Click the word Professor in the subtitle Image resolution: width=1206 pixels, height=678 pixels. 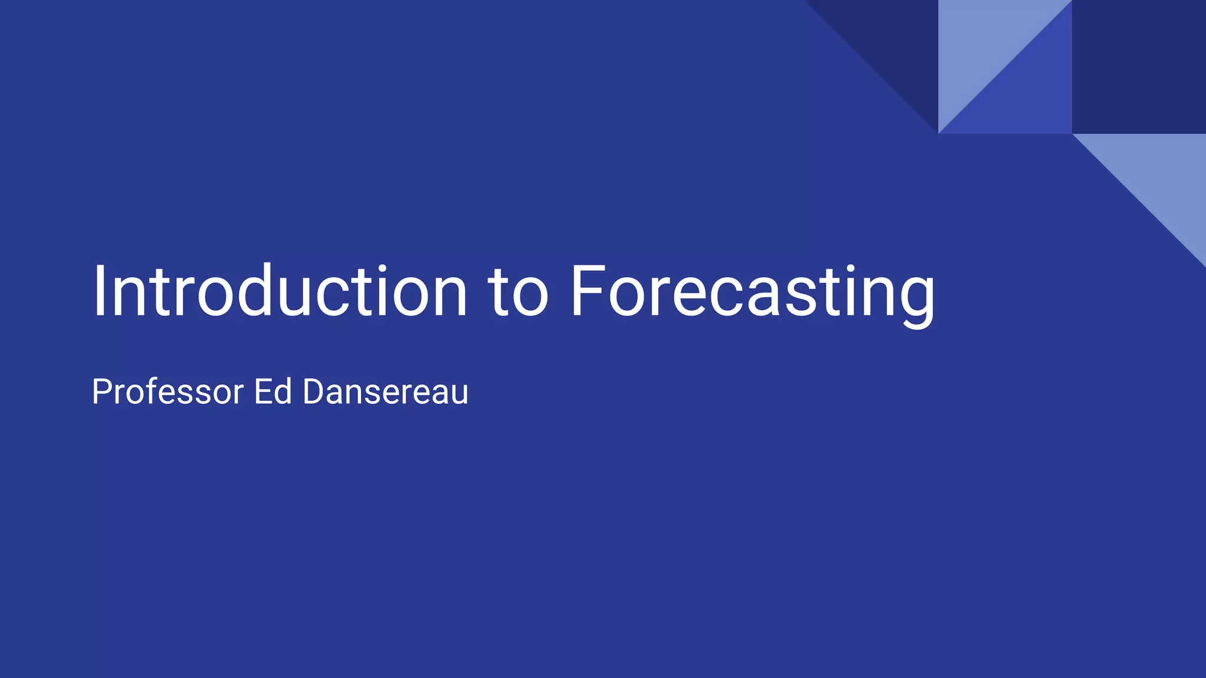tap(167, 391)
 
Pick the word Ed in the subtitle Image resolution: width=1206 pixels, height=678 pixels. tap(273, 391)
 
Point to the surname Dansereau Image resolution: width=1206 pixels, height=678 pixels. tap(386, 391)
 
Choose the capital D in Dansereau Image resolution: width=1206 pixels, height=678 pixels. tap(314, 391)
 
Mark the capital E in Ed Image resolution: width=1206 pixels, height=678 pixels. tap(263, 391)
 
